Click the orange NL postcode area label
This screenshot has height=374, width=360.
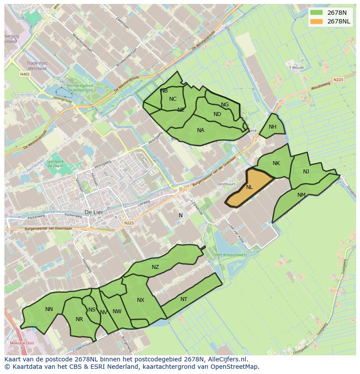(249, 187)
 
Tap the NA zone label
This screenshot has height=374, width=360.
(200, 130)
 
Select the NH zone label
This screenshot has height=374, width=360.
(272, 127)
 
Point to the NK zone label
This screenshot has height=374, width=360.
(276, 163)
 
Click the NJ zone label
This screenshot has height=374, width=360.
(306, 172)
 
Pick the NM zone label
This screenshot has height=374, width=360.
(301, 195)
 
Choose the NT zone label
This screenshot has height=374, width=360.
(184, 299)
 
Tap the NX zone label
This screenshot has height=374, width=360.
(140, 300)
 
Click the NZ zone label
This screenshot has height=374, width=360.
(155, 267)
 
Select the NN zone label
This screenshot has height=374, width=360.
(49, 309)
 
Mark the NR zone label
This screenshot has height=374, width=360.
(79, 319)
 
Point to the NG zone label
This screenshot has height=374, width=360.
(225, 105)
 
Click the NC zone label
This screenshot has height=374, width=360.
(173, 99)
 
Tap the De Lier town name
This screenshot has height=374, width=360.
(93, 212)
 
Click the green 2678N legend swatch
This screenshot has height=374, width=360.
(317, 13)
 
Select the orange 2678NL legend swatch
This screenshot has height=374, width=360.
(317, 21)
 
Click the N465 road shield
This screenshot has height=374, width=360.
(25, 74)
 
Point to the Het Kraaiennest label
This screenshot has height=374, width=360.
(231, 255)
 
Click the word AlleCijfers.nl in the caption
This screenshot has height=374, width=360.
(227, 360)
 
